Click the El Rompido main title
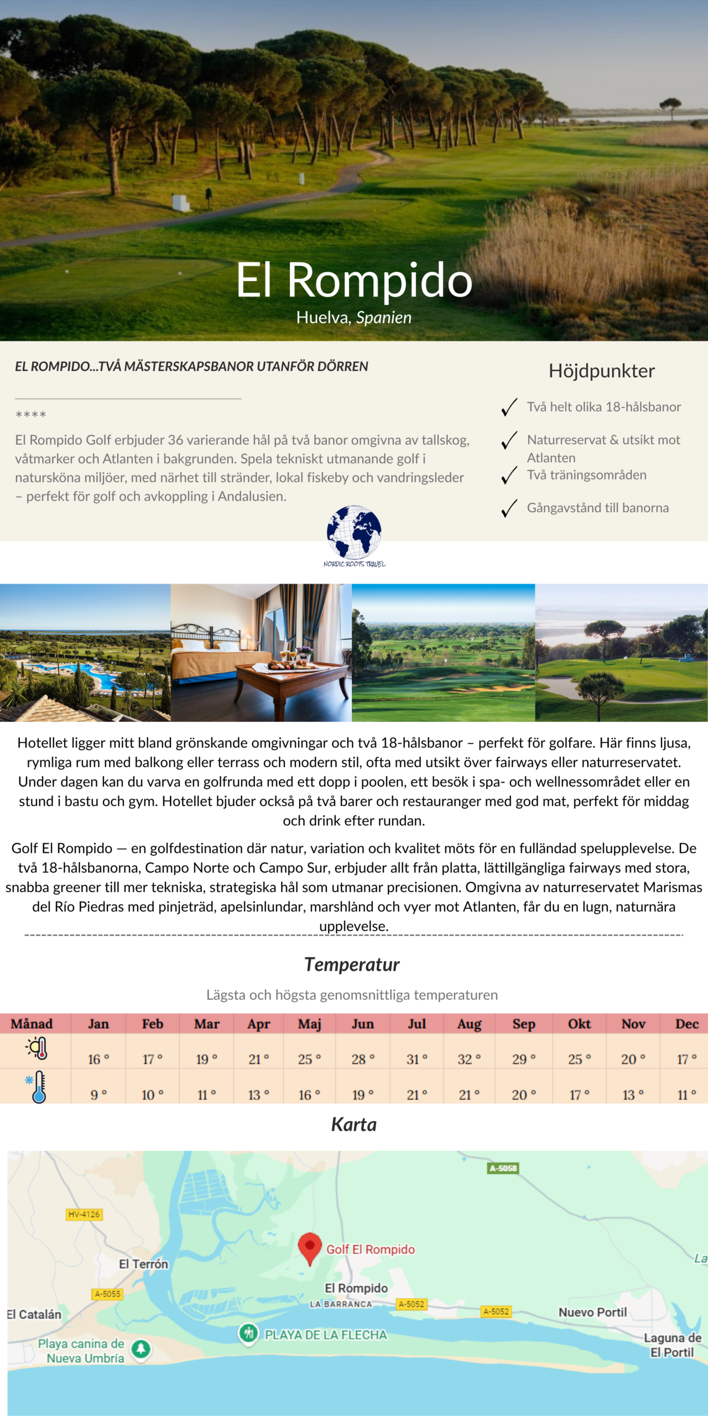[354, 280]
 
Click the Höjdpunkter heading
[601, 371]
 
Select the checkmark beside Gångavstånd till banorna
[509, 508]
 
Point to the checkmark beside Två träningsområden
[509, 475]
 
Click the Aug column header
[469, 1024]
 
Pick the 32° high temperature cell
[469, 1059]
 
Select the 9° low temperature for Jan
[98, 1095]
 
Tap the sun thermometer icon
[37, 1049]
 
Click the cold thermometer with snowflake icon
[37, 1087]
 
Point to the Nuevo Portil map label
[592, 1312]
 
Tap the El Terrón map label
[143, 1264]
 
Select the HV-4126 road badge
[84, 1215]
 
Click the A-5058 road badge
[503, 1168]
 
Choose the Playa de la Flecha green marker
[248, 1333]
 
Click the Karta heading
[354, 1125]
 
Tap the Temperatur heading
[352, 965]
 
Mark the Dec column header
[686, 1024]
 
